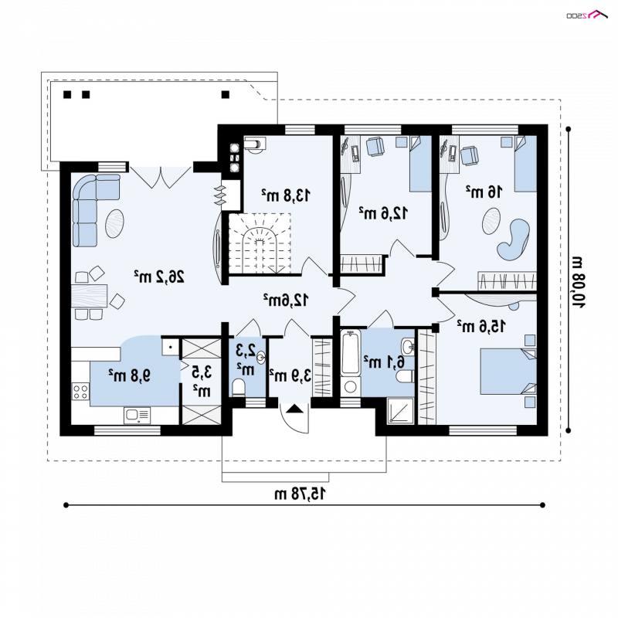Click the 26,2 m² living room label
click(x=159, y=277)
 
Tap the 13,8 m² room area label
click(x=286, y=195)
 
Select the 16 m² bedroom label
click(x=484, y=192)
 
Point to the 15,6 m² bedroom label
click(x=481, y=326)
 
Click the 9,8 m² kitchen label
click(x=130, y=375)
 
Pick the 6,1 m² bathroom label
click(x=384, y=361)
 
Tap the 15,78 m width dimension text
click(x=301, y=494)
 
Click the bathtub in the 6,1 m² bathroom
click(x=351, y=352)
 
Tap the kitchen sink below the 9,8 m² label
click(x=138, y=416)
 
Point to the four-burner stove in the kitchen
click(x=80, y=392)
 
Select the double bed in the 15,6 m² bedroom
click(x=508, y=372)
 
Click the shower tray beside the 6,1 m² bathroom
click(x=400, y=411)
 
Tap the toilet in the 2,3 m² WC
click(x=238, y=387)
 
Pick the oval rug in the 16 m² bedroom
click(x=491, y=221)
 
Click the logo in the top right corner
click(x=587, y=15)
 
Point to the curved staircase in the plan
click(x=260, y=243)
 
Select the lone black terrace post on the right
click(x=226, y=94)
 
